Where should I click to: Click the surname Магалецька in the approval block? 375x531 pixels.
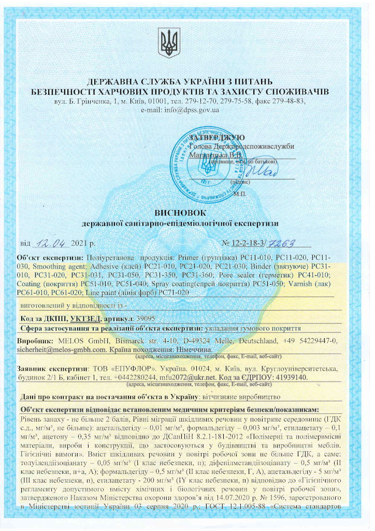tap(211, 155)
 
